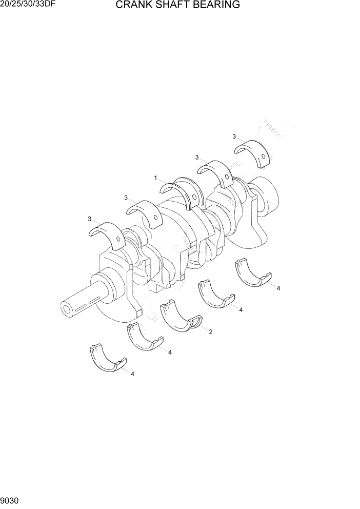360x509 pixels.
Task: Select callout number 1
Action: [x=155, y=178]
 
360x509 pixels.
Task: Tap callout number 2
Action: [x=210, y=332]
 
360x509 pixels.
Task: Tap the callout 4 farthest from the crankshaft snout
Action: [x=278, y=288]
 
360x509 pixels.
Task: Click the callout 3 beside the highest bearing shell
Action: [x=234, y=136]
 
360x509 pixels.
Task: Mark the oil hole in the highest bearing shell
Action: [x=263, y=156]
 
